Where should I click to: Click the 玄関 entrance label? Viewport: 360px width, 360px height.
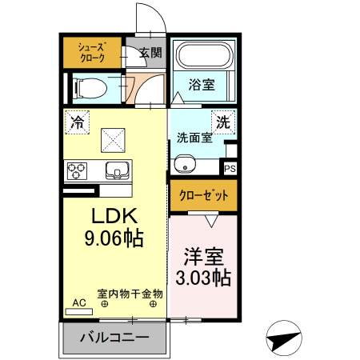click(150, 54)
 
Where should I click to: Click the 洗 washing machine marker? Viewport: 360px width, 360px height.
click(224, 122)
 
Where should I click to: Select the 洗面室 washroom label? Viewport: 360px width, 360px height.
click(194, 137)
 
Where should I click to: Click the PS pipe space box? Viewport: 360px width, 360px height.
click(230, 169)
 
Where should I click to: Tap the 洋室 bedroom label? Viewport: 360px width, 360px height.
click(204, 258)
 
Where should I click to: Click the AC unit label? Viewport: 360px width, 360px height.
click(79, 303)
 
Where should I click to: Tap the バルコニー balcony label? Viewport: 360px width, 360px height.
click(114, 338)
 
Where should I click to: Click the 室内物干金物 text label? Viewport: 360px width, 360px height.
click(130, 293)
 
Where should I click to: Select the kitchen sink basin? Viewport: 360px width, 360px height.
click(117, 170)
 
